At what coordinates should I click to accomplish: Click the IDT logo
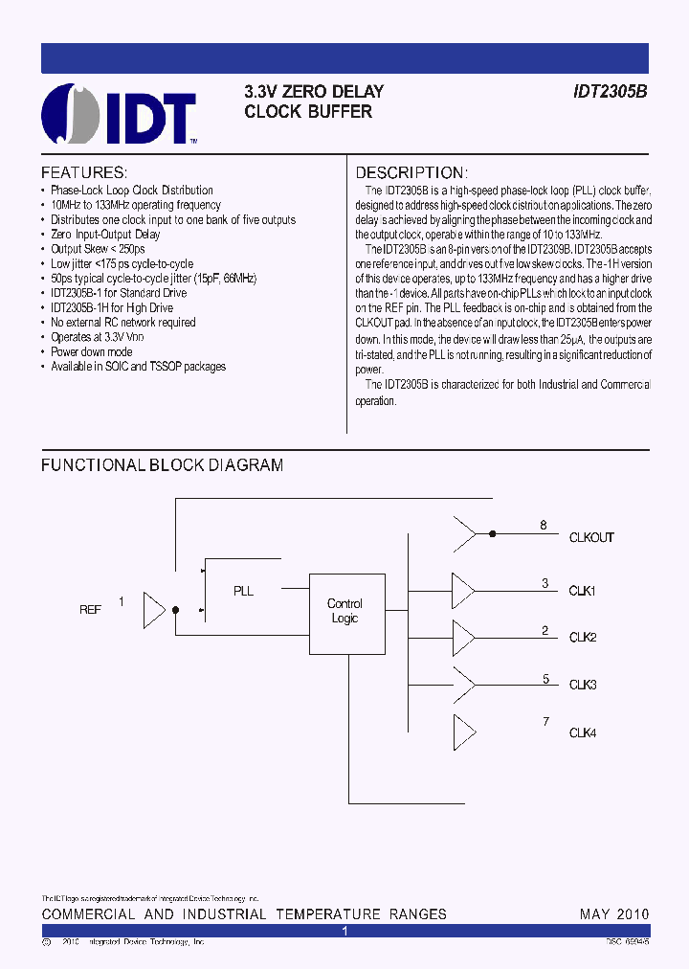click(120, 114)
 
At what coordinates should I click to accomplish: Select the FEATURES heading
click(83, 172)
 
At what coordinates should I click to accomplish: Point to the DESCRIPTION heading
click(411, 172)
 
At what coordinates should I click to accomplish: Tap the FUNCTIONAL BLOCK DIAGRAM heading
click(162, 465)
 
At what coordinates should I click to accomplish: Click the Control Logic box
click(345, 611)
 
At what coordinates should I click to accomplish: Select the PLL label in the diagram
click(244, 591)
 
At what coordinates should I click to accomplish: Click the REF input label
click(90, 609)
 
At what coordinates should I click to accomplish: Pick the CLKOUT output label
click(591, 538)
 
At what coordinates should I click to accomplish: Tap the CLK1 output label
click(583, 591)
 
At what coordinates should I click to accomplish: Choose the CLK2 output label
click(583, 638)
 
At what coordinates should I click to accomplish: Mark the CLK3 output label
click(583, 685)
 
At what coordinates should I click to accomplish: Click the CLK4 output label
click(583, 732)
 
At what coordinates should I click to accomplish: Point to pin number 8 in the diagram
click(544, 525)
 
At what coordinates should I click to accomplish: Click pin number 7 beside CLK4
click(545, 721)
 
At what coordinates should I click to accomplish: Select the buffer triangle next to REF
click(153, 608)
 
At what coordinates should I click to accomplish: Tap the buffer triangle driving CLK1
click(462, 587)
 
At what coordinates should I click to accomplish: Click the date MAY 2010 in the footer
click(614, 914)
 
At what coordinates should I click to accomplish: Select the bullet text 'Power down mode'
click(92, 351)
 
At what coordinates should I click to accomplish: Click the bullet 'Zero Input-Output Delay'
click(105, 234)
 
